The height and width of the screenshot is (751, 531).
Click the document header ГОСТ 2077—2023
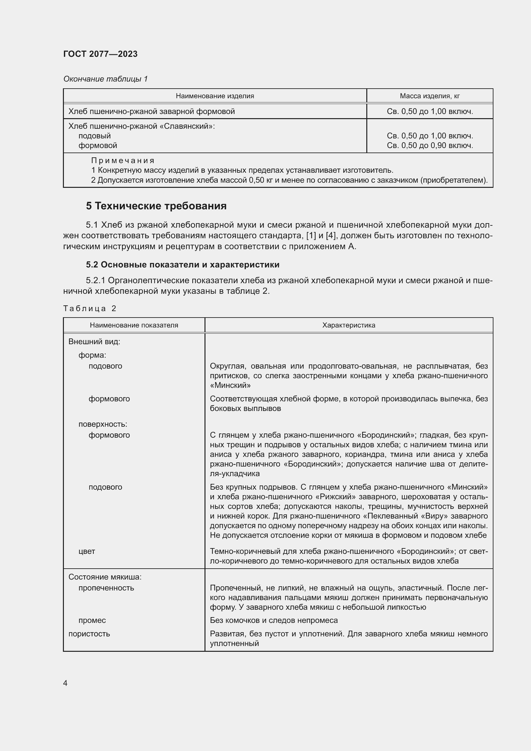[100, 54]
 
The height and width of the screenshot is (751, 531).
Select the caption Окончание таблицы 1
[105, 79]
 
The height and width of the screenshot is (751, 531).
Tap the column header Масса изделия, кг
[430, 96]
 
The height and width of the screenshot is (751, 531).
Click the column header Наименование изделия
[215, 96]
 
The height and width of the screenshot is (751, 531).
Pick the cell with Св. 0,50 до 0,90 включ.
[430, 145]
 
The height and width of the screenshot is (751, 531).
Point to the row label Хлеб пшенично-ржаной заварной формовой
[152, 111]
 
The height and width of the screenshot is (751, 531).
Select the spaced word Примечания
[123, 161]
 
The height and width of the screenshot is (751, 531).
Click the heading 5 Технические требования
[156, 206]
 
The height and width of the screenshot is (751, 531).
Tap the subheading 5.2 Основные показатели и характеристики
[182, 265]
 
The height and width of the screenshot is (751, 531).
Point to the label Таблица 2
[90, 309]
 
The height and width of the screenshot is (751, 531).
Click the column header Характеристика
[349, 325]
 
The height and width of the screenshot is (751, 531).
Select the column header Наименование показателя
[134, 325]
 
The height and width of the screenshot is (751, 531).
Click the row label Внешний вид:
[94, 342]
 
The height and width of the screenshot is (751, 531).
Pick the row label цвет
[87, 551]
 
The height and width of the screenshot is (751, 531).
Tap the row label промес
[92, 620]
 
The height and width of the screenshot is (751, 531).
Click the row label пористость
[89, 633]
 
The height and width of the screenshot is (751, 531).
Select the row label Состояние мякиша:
[105, 577]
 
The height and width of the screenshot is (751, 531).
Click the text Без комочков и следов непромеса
[274, 620]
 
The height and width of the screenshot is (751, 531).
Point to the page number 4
[65, 683]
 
